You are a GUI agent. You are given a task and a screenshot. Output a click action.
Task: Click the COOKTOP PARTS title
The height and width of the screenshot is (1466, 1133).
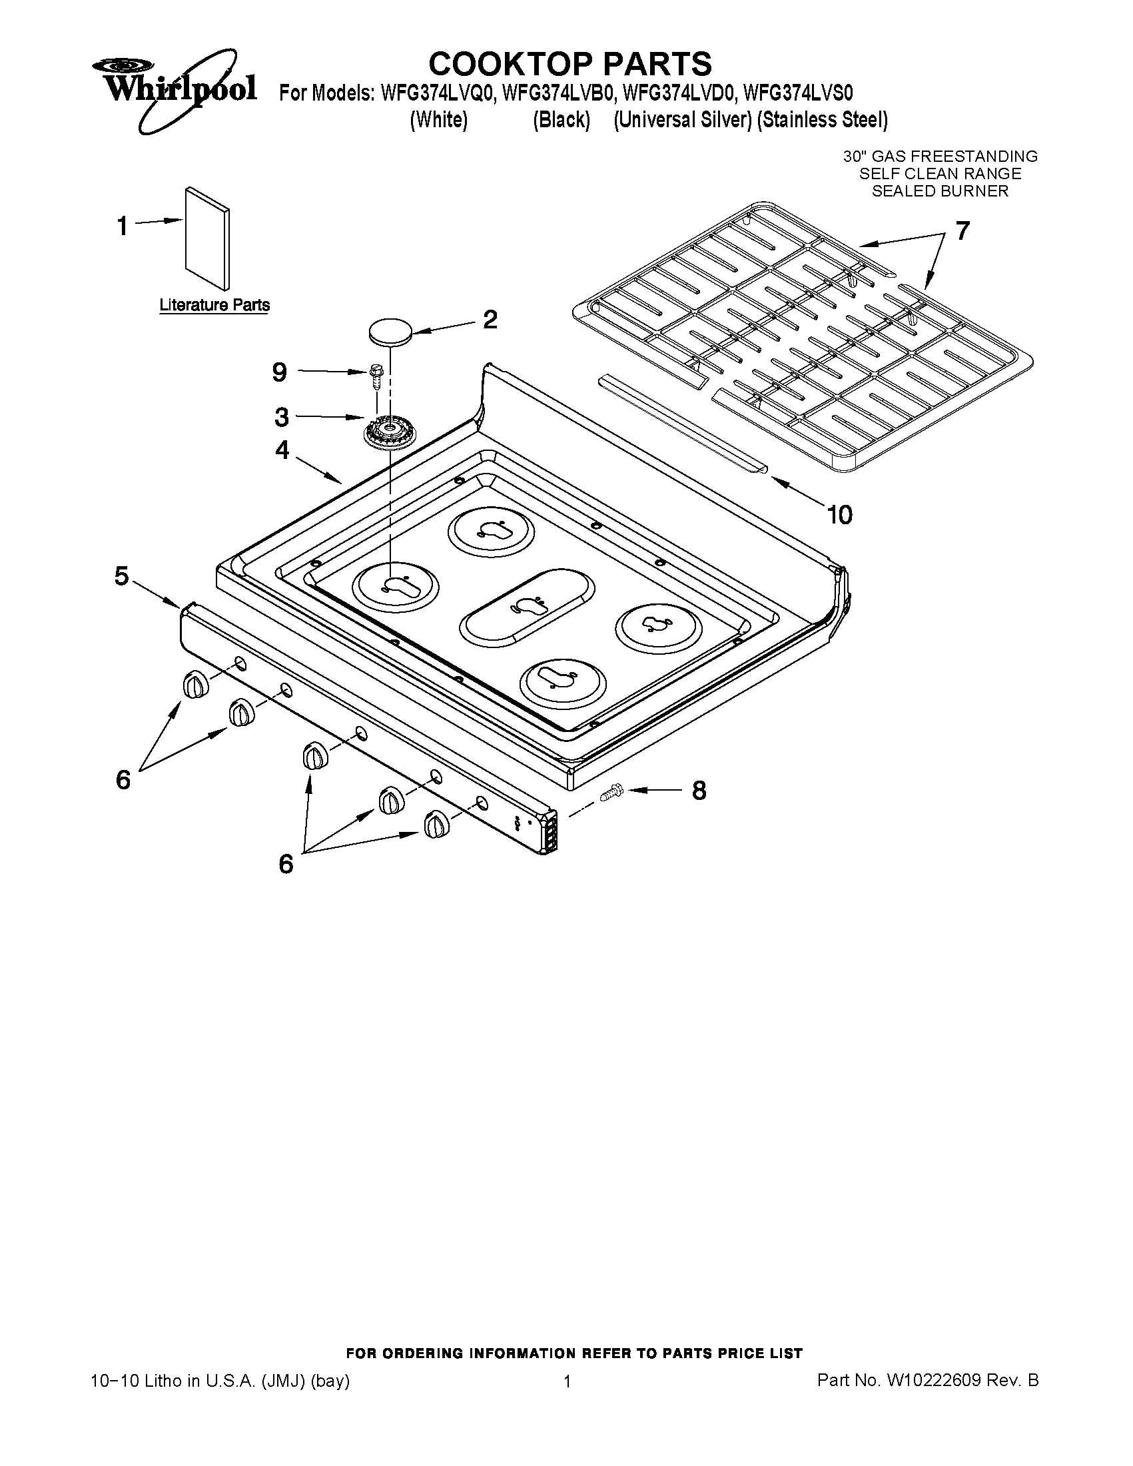569,64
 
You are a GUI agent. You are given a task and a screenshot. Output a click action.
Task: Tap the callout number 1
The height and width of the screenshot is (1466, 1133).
122,226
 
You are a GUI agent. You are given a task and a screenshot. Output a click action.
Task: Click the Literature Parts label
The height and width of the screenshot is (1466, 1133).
214,305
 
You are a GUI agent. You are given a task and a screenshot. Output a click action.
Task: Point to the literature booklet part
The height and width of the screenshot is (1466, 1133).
206,238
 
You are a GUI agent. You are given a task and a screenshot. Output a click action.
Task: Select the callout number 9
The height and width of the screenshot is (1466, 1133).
280,372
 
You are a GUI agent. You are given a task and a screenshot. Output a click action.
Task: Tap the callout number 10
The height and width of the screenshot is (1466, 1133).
839,515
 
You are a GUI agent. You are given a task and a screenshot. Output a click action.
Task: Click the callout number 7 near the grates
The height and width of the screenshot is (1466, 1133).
962,231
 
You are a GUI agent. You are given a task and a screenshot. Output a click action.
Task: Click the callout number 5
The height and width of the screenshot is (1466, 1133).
121,576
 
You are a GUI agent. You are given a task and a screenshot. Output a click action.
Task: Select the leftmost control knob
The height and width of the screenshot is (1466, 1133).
194,685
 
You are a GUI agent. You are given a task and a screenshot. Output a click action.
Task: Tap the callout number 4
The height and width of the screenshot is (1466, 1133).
282,450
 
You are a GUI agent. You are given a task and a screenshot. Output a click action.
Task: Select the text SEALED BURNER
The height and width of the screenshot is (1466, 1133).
940,191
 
